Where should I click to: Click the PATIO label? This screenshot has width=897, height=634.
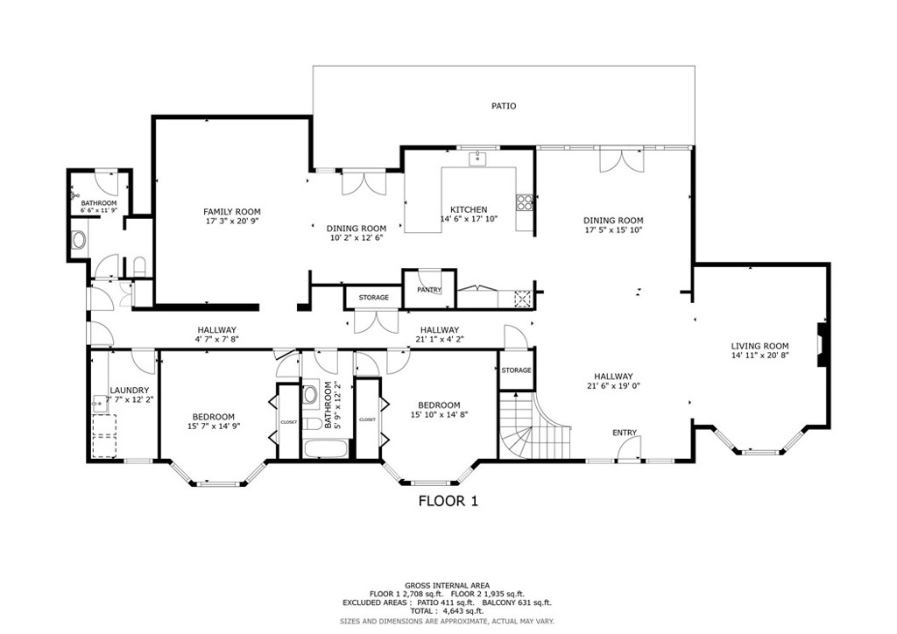[503, 106]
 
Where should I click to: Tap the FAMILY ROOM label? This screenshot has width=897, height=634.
[231, 212]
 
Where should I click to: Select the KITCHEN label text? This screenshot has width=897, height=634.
[469, 209]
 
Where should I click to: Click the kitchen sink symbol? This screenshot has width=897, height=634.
[477, 158]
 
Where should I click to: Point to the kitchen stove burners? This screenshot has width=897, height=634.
[525, 203]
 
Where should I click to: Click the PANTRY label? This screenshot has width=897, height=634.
[428, 290]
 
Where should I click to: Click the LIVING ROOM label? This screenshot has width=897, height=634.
[759, 346]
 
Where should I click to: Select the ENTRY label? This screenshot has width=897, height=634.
[625, 433]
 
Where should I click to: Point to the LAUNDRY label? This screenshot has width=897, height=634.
[129, 391]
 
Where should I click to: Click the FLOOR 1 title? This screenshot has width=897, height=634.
[448, 502]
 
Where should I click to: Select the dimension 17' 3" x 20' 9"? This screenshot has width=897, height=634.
[231, 222]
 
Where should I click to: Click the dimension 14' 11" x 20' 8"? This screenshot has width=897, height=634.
[759, 356]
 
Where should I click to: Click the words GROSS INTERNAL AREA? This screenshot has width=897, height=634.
[447, 586]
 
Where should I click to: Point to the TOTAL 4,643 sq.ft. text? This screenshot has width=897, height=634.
[447, 611]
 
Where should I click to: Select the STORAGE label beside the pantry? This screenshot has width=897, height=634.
[373, 298]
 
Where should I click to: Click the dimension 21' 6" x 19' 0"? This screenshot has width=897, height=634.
[612, 386]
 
